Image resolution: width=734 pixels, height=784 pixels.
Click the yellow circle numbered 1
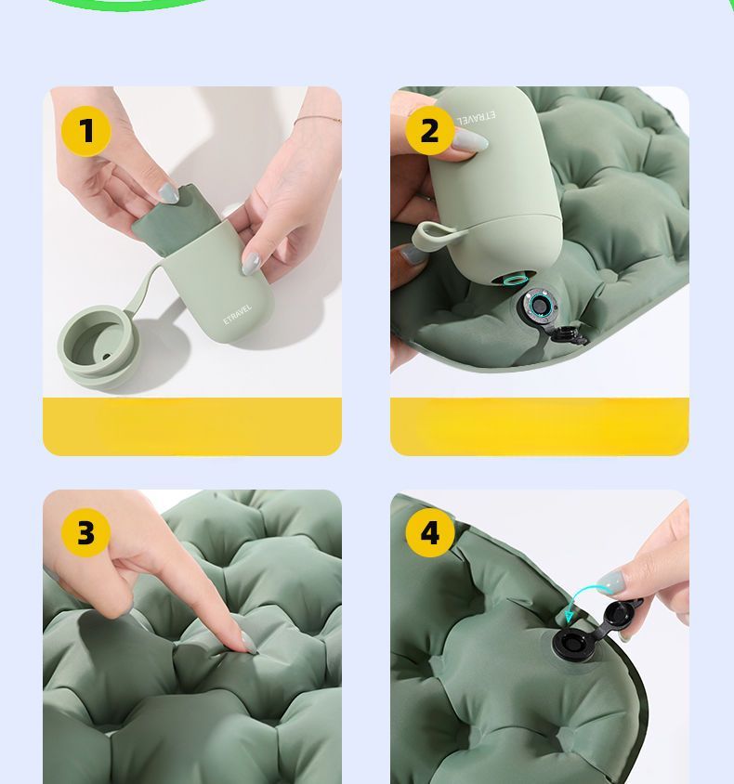tap(86, 131)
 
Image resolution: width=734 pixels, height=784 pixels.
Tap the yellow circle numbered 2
tap(429, 131)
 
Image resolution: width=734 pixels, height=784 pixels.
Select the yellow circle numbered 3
tap(86, 533)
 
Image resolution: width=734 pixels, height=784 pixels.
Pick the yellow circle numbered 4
tap(429, 533)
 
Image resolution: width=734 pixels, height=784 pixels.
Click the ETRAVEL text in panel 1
tap(237, 314)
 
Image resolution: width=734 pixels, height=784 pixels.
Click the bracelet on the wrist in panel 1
tap(317, 120)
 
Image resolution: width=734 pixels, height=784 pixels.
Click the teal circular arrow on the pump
tap(513, 279)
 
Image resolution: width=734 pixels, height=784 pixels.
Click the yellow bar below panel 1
tap(192, 426)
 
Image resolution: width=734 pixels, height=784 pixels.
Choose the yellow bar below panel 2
tap(539, 426)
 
